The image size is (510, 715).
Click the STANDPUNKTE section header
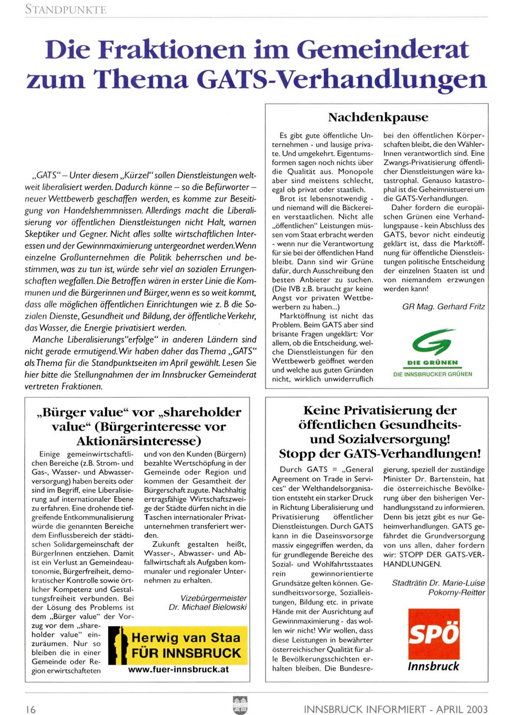tap(65, 9)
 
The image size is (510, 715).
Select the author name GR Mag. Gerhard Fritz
tap(443, 307)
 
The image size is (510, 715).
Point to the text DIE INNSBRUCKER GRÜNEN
tap(432, 374)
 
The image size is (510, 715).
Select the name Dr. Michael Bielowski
tap(208, 607)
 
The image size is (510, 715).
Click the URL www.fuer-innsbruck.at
tap(178, 669)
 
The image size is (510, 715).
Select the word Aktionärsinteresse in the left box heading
tap(139, 441)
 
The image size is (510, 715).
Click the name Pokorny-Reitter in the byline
tap(456, 592)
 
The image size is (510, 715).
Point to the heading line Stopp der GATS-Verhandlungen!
tap(380, 454)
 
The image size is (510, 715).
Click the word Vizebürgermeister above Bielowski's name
tap(214, 598)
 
